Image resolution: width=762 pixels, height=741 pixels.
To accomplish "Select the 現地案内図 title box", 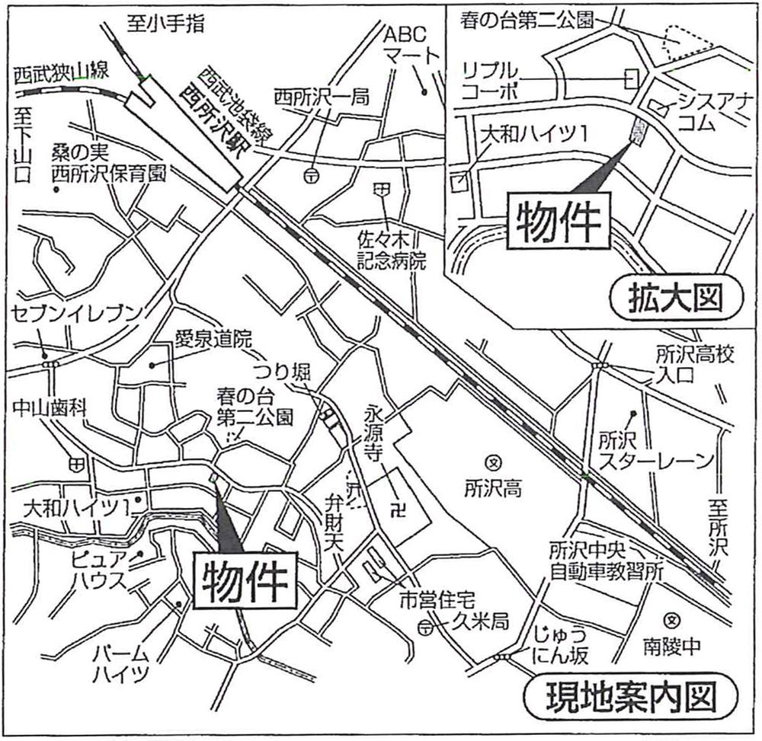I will [x=632, y=695].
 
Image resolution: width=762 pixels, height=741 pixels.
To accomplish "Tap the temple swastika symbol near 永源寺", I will [x=396, y=503].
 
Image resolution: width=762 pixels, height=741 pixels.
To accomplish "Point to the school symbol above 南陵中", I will [x=671, y=618].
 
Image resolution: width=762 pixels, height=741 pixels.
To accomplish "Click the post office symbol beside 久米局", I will [x=425, y=628].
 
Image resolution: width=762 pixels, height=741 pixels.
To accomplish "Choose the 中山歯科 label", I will [x=49, y=408].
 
